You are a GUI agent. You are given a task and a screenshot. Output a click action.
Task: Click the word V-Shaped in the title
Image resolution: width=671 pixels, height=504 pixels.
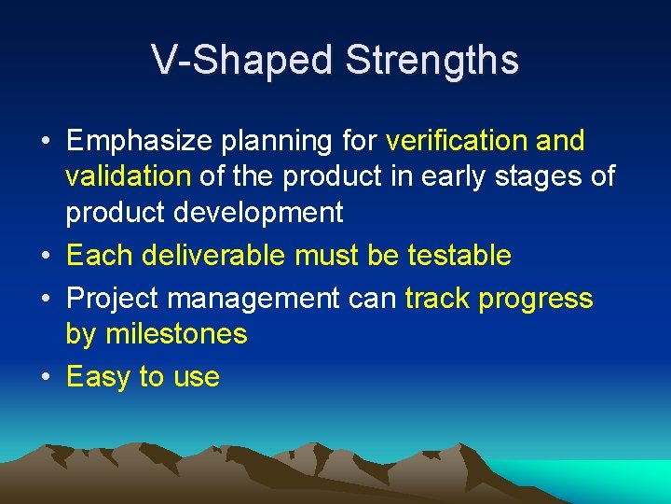(x=242, y=61)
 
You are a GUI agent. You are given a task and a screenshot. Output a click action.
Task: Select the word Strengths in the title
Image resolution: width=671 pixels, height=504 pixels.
(x=431, y=61)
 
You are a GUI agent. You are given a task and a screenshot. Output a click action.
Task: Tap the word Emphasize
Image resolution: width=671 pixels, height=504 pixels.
(x=141, y=142)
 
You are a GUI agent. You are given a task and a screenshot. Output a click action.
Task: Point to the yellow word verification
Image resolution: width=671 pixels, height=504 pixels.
(x=457, y=141)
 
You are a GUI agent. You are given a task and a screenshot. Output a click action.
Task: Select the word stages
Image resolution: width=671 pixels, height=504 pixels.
(x=540, y=176)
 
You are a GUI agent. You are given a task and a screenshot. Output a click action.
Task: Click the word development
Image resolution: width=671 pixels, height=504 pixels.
(x=268, y=213)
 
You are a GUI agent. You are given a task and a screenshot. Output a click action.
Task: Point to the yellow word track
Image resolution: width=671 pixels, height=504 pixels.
(x=438, y=299)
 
